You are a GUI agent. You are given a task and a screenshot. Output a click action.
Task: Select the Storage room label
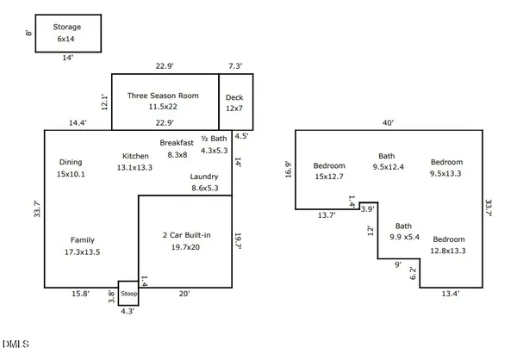pos(67,27)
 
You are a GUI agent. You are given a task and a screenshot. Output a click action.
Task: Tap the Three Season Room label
pos(163,96)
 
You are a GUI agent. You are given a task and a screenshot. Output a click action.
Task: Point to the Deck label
pos(234,97)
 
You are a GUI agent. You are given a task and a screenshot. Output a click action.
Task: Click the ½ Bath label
pos(214,139)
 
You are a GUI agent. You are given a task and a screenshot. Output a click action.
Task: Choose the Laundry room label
pos(204,177)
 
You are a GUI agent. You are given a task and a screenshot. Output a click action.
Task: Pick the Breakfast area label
pos(177,143)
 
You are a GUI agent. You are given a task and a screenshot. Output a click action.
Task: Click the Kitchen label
pos(135,156)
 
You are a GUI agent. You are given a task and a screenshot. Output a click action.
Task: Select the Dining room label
pos(71,162)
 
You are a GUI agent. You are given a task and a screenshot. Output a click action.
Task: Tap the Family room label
pos(83,240)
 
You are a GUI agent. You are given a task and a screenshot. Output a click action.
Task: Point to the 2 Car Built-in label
pos(186,235)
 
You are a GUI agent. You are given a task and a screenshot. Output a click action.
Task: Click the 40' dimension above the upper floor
pos(388,123)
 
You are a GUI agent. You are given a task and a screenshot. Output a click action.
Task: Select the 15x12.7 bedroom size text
pos(329,177)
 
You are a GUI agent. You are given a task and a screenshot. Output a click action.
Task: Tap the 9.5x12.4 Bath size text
pos(388,167)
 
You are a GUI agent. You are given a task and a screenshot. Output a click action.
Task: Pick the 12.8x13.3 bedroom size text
pos(448,251)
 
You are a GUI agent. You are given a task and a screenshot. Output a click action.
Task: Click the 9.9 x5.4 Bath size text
pos(404,237)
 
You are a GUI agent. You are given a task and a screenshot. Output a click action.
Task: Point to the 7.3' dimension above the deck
pos(235,66)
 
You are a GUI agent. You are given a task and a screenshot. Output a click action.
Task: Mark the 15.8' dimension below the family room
pos(80,294)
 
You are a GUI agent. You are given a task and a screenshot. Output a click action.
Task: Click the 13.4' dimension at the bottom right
pos(451,294)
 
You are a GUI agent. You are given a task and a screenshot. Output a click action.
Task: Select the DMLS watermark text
pos(16,344)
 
